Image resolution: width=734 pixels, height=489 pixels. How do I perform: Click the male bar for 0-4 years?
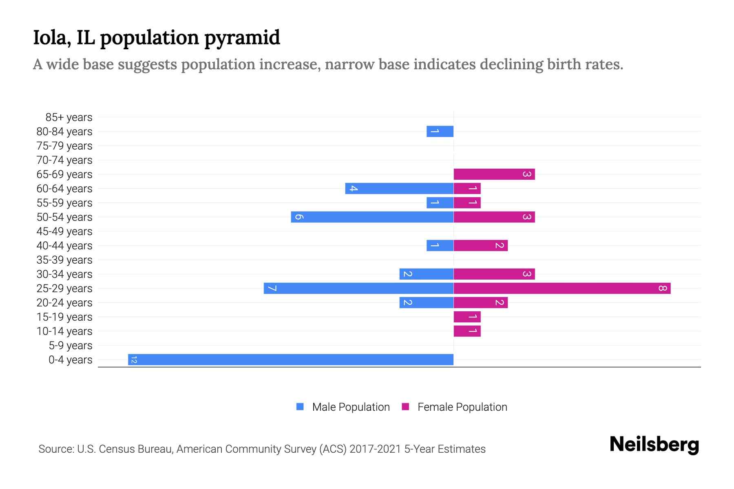290,359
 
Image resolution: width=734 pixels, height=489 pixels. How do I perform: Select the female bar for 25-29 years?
562,288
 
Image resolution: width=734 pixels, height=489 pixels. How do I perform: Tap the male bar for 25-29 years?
358,288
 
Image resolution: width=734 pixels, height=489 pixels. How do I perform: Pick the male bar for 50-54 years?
372,217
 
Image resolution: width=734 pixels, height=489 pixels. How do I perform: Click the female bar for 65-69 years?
494,174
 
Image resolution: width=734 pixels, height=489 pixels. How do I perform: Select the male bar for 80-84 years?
440,131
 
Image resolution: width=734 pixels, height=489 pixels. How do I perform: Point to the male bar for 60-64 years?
399,188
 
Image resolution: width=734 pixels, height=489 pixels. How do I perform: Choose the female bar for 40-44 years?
480,245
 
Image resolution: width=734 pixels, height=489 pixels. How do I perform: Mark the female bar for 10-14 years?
467,331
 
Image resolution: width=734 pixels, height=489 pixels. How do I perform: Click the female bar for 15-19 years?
467,317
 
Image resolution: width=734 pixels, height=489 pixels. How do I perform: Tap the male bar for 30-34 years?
426,274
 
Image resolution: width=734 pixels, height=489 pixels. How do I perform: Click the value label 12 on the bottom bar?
134,359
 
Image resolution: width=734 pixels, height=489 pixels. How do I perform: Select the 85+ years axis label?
69,117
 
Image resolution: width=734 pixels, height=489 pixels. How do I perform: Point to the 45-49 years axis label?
64,231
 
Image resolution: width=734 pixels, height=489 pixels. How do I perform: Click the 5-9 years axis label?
70,346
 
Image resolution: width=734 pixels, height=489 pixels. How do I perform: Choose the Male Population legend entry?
351,407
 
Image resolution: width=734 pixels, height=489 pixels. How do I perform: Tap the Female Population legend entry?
462,407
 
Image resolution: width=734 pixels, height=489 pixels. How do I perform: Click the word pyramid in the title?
242,38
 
